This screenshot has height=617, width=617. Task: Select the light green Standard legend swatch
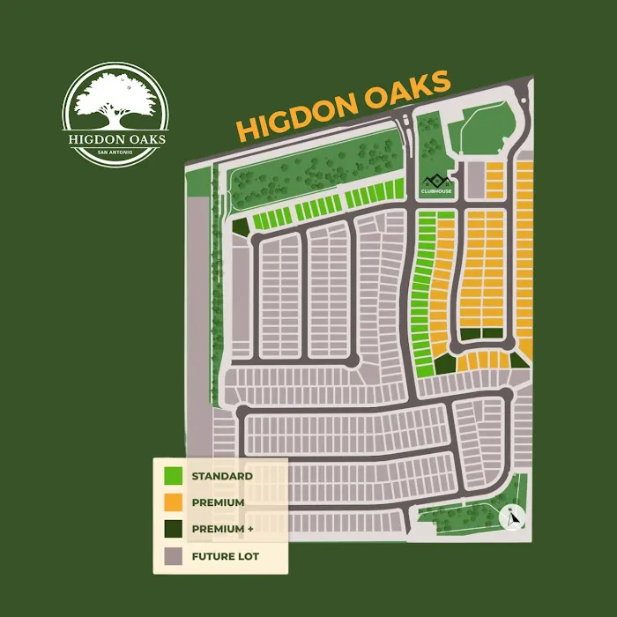(174, 476)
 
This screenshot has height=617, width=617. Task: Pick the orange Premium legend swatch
(174, 502)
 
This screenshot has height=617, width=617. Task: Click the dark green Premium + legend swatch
(174, 530)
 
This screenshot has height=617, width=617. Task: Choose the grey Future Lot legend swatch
(174, 556)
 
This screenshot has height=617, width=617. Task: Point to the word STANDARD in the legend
(222, 476)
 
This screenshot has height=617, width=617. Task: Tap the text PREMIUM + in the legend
(224, 530)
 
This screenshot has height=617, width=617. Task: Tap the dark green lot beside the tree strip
(239, 227)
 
